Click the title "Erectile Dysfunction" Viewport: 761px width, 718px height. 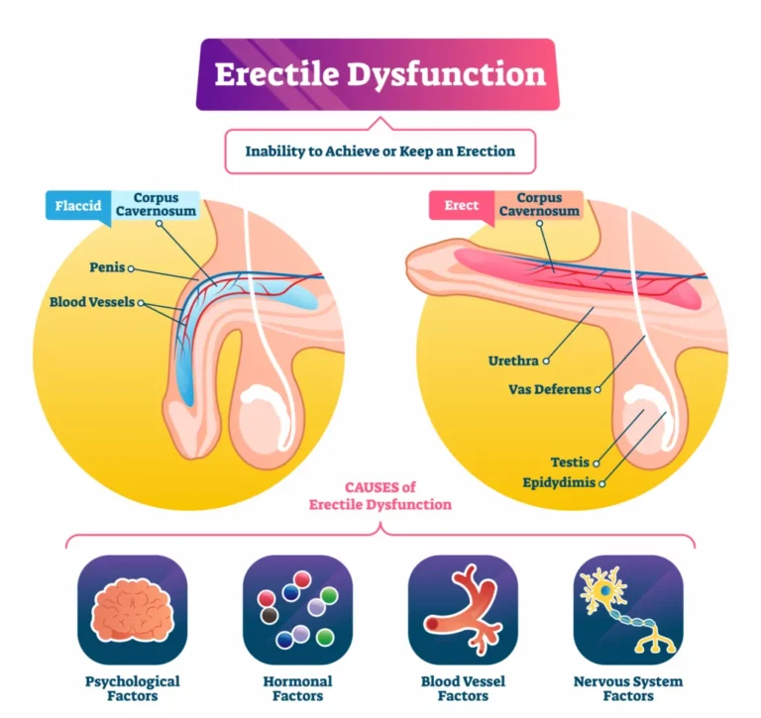tap(380, 74)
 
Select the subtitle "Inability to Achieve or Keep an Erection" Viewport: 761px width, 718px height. tap(380, 152)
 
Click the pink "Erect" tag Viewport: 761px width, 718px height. tap(461, 205)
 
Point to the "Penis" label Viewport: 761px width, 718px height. tap(106, 267)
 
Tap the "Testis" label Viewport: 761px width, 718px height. tap(570, 462)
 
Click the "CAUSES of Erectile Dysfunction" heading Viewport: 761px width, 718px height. tap(380, 496)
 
